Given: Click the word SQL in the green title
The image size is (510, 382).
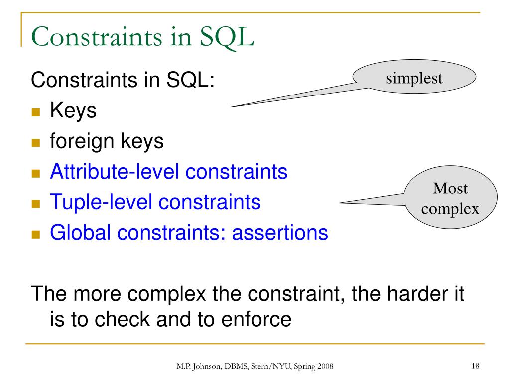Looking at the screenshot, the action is coord(227,37).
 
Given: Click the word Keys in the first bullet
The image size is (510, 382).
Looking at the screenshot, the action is coord(73,111).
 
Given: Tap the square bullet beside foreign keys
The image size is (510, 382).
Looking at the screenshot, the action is coord(36,143).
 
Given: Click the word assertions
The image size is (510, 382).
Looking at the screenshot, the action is coord(280,233).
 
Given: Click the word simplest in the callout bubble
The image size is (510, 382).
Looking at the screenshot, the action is coord(414,78).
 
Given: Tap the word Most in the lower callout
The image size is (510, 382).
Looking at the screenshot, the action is coord(450,189).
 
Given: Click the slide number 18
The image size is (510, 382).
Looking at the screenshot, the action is coord(475,366).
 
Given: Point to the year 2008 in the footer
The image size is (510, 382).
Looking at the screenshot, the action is coord(325,366).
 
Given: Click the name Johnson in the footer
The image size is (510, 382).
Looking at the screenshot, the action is coord(207,367).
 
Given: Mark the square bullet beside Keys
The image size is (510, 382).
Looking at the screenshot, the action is coord(36,112).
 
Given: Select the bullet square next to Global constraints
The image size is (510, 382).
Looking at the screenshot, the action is coord(36,235).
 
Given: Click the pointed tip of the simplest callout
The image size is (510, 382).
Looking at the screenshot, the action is coord(231,107).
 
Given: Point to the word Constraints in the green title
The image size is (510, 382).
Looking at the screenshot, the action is coord(97,37).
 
